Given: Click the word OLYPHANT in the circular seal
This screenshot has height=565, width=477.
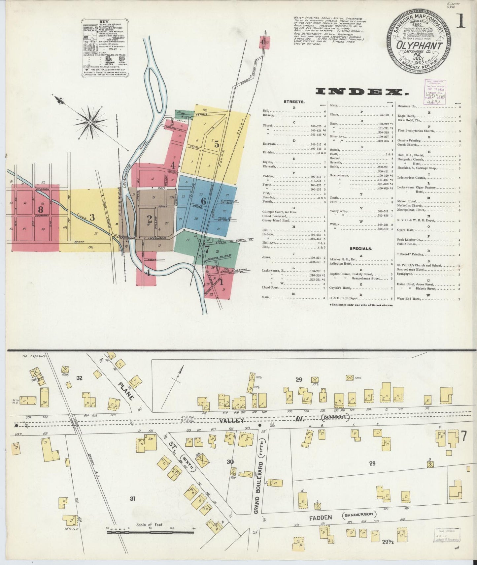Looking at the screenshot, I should [x=419, y=45].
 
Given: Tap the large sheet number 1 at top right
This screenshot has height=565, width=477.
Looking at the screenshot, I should [x=461, y=21].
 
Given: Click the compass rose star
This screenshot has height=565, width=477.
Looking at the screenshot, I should [x=90, y=122].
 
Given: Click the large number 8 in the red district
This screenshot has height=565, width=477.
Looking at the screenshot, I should [x=40, y=209].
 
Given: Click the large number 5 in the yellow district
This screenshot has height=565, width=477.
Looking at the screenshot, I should [x=217, y=144].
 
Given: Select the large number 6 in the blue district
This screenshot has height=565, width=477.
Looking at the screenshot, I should [x=203, y=201].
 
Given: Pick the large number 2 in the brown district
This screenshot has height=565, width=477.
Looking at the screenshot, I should [x=150, y=218].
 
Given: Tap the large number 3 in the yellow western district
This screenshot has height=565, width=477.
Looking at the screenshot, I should [x=92, y=217].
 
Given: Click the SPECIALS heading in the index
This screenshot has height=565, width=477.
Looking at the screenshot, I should [x=360, y=249].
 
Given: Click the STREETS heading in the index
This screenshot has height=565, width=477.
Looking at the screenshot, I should [x=294, y=102].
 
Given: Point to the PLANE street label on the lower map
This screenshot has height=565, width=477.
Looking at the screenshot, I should [x=126, y=391].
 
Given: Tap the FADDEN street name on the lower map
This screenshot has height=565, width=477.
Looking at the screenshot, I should [x=321, y=518].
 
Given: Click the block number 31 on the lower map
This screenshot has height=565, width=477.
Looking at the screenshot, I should [x=133, y=499].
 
